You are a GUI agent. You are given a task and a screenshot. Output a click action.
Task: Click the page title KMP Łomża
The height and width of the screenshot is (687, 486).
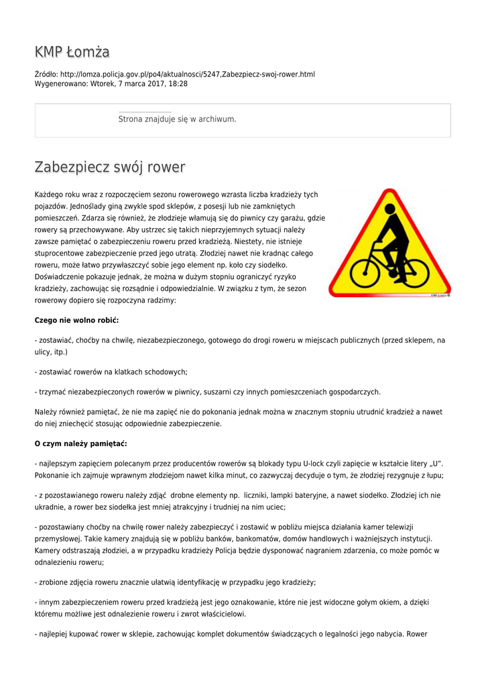point(72,52)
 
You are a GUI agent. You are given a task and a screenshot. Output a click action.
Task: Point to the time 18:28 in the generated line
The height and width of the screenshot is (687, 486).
point(178,84)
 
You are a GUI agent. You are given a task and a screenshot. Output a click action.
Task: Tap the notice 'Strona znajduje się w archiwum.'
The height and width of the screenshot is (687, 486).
point(177,119)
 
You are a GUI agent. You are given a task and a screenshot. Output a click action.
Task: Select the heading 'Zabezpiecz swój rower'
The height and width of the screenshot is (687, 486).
point(110,167)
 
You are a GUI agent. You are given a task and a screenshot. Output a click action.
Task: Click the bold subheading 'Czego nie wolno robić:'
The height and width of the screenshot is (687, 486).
point(76,320)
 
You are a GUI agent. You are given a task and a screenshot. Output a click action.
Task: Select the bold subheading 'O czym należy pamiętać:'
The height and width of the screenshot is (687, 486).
point(80,443)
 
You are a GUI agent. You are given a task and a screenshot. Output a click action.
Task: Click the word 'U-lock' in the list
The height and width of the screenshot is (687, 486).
point(317,464)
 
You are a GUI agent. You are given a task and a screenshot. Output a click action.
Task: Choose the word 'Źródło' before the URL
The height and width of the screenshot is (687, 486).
point(46,74)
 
